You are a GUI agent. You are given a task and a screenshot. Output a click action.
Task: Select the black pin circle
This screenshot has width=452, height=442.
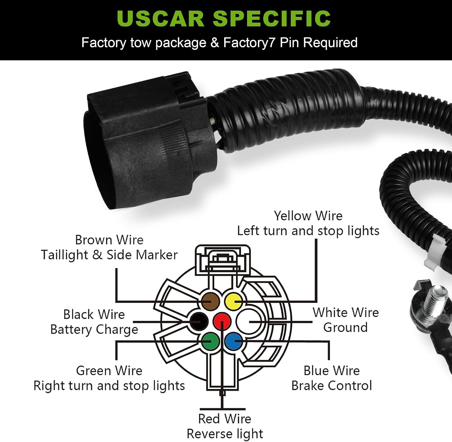(199, 321)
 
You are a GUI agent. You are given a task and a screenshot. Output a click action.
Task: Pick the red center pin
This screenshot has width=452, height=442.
(222, 321)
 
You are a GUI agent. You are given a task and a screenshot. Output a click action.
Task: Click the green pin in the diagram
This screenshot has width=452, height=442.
(210, 341)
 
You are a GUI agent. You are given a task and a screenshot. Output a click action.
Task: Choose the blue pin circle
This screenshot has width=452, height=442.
(234, 341)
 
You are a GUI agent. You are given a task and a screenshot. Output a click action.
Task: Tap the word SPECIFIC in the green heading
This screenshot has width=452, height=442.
(272, 18)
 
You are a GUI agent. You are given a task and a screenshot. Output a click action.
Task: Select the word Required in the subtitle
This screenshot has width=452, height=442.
(330, 42)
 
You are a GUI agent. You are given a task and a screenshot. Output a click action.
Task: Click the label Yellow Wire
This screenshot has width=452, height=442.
(308, 216)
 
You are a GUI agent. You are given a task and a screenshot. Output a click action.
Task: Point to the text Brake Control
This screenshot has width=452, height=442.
(332, 385)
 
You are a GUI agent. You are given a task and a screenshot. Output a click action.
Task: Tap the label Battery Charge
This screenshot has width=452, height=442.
(94, 330)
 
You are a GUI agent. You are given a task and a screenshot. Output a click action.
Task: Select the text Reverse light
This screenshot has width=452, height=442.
(225, 434)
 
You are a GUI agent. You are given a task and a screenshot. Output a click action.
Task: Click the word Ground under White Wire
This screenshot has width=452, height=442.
(346, 327)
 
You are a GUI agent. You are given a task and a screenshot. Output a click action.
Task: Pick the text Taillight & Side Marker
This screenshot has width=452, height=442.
(109, 255)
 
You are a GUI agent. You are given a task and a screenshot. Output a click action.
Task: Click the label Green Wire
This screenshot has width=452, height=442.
(109, 371)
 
